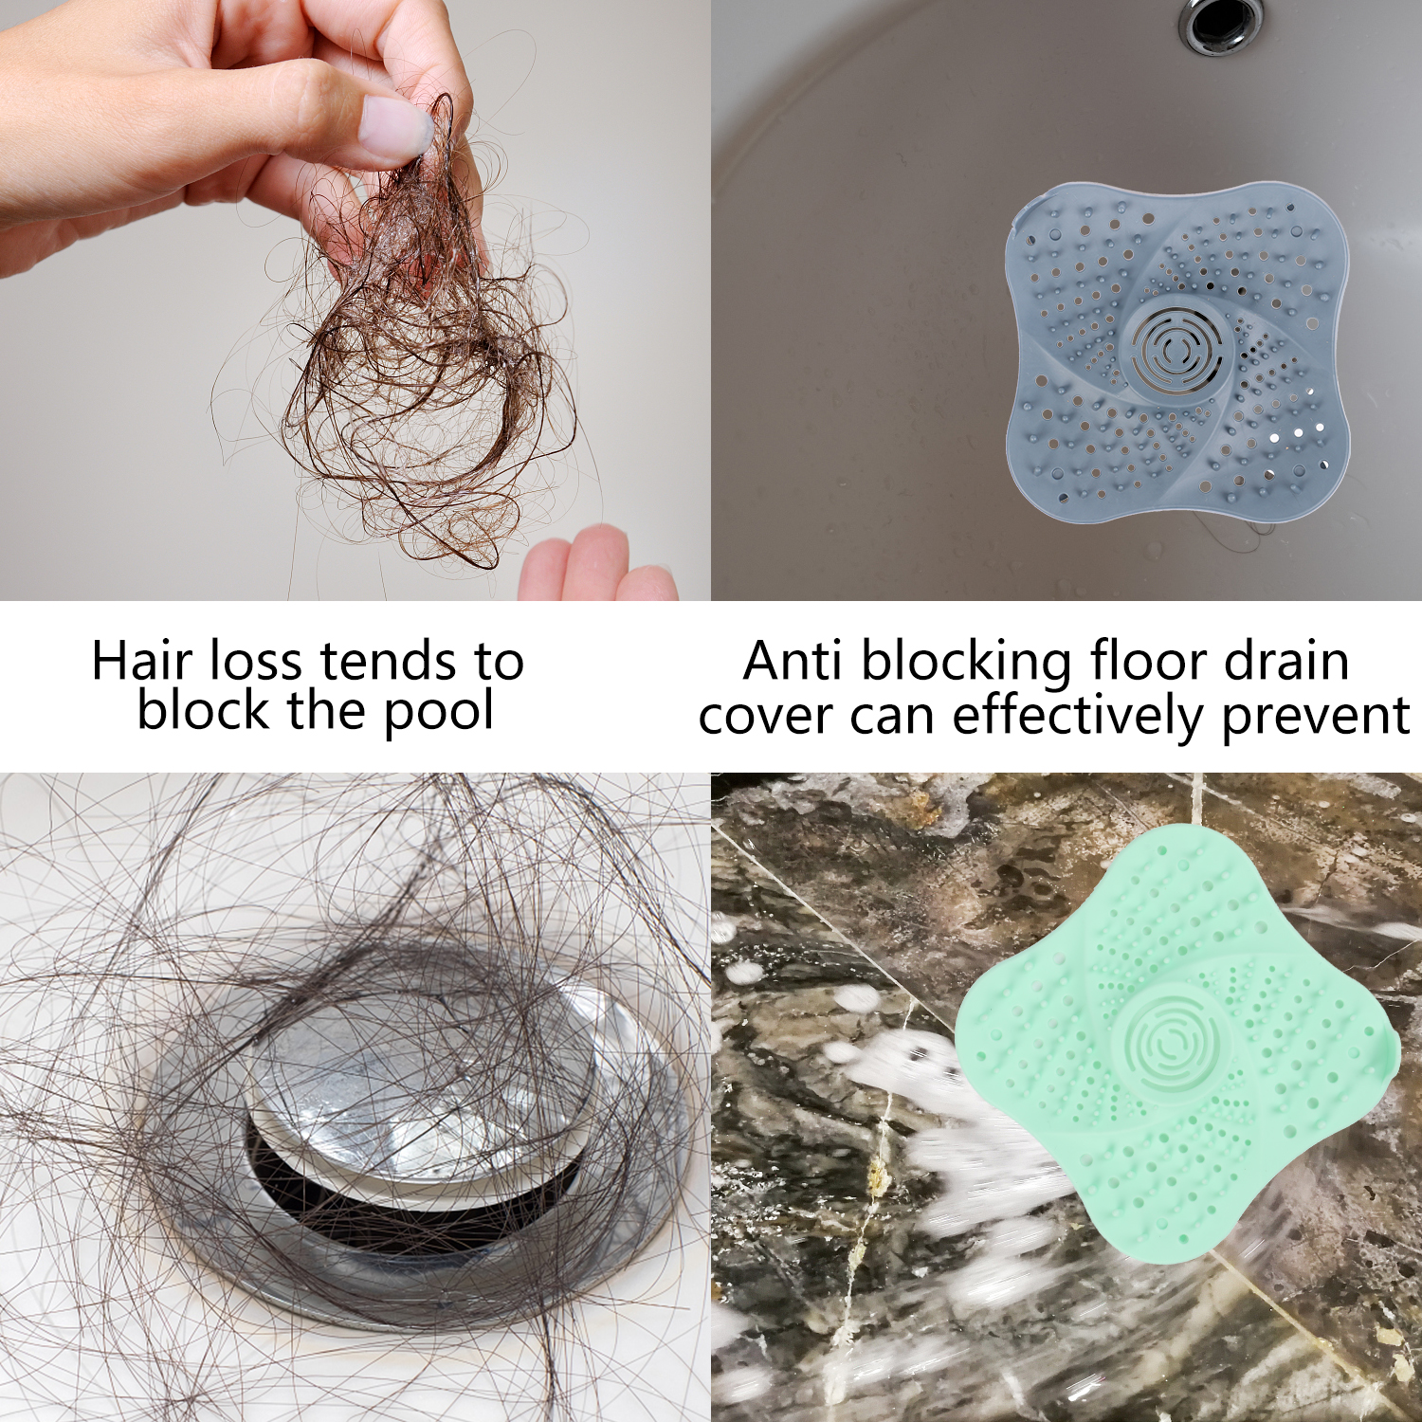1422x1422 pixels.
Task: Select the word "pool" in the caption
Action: click(439, 713)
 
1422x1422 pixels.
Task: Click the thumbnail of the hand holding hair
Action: click(355, 300)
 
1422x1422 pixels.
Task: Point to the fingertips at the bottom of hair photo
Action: click(597, 566)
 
